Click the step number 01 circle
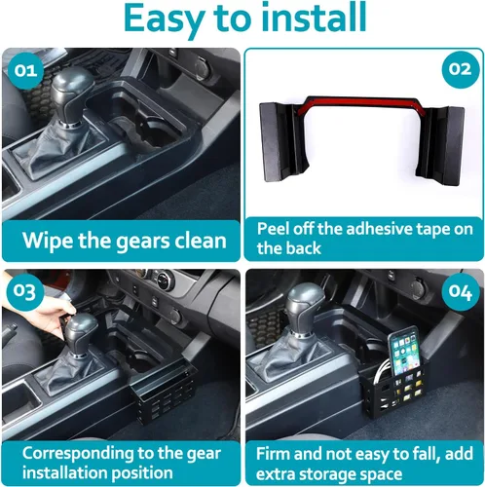click(x=25, y=70)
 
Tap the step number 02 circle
click(x=461, y=69)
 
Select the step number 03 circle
click(x=25, y=292)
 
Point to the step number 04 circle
click(x=461, y=292)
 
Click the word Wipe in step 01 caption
click(x=48, y=241)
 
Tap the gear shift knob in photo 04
click(x=306, y=310)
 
